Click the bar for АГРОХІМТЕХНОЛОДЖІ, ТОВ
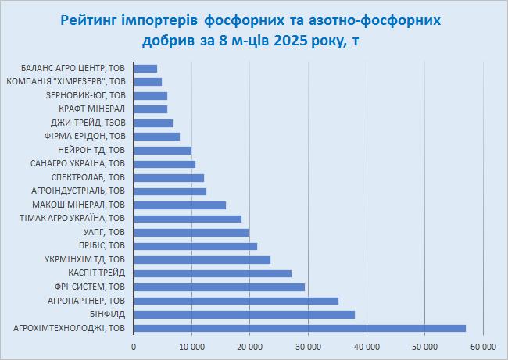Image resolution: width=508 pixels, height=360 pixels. pos(299,328)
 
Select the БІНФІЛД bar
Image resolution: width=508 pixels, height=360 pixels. pos(244,315)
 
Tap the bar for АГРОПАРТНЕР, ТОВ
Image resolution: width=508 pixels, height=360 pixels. pos(236,301)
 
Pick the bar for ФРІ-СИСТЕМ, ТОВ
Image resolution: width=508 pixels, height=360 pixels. pos(219,287)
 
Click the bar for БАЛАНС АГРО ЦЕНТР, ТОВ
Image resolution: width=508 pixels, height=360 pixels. pos(145,69)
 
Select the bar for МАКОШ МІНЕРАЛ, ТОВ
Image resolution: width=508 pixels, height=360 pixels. pos(180,205)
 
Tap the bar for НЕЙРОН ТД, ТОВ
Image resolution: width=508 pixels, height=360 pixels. pos(163,151)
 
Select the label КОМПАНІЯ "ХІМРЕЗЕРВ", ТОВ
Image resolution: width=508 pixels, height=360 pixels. pos(66,82)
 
